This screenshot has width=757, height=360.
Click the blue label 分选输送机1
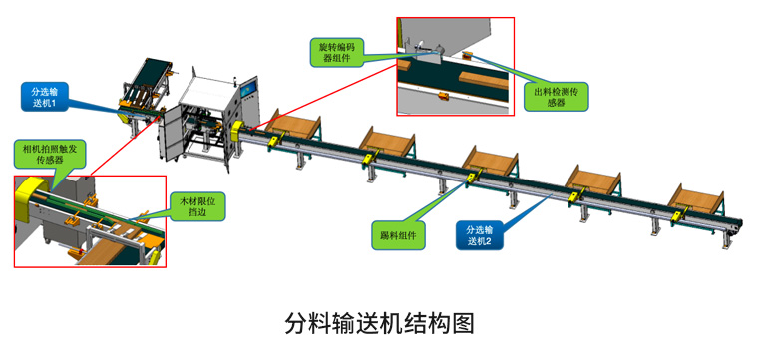click(x=45, y=97)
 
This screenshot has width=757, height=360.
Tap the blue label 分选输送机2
click(x=480, y=235)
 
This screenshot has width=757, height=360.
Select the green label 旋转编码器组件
click(x=335, y=52)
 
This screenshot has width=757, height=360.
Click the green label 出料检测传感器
click(x=557, y=96)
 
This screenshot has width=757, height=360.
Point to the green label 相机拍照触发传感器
click(x=50, y=153)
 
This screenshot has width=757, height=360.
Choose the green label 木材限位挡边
click(x=197, y=207)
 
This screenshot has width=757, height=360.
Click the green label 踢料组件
click(x=398, y=235)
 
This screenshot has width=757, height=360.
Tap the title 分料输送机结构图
click(x=379, y=323)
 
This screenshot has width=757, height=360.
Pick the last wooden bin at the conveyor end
click(x=696, y=199)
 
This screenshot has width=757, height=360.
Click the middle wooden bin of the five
click(x=491, y=163)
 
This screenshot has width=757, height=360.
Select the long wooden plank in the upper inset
click(x=484, y=80)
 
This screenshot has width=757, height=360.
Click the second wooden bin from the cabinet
click(x=388, y=142)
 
